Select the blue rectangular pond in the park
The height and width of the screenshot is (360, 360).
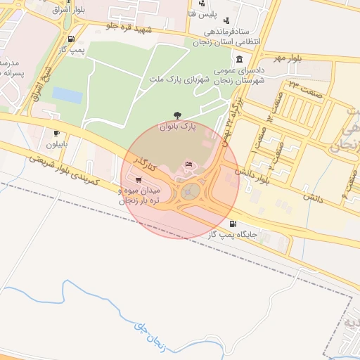[x=67, y=95]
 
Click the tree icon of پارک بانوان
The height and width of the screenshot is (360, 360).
[x=176, y=115]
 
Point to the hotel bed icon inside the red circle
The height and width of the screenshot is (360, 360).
[x=188, y=165]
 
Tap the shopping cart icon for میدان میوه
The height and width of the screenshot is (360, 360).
[x=136, y=179]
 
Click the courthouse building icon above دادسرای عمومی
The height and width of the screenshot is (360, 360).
[x=240, y=59]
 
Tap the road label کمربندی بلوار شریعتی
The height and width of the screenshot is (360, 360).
[x=66, y=169]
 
